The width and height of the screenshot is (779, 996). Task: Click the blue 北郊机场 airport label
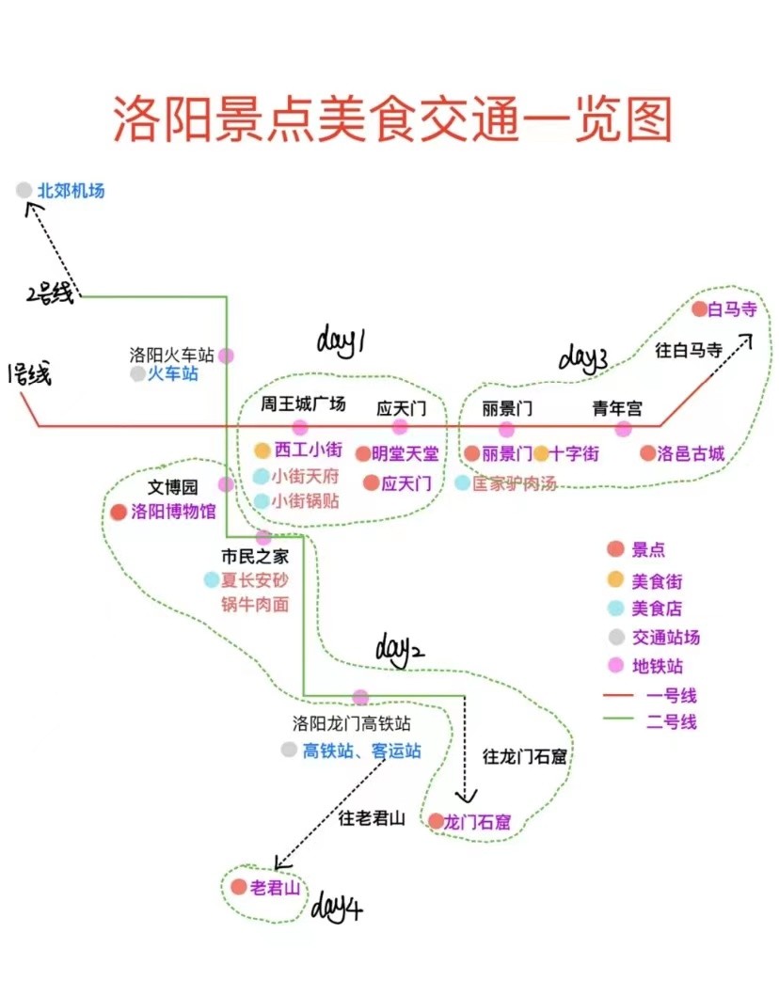[x=72, y=191]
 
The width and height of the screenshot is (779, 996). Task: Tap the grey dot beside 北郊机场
[x=24, y=190]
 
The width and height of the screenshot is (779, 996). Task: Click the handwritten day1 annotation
[x=341, y=341]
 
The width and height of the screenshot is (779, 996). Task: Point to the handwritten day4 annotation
[x=337, y=907]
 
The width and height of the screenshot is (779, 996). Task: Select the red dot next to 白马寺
[x=700, y=309]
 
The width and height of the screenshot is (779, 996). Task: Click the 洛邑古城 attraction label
[x=691, y=453]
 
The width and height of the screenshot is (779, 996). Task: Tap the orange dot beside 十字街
[x=541, y=453]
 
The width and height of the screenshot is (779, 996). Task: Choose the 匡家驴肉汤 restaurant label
[x=514, y=483]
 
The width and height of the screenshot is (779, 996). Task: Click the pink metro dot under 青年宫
[x=624, y=430]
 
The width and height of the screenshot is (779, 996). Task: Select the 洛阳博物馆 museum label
[x=173, y=512]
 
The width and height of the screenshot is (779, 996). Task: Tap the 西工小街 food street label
[x=309, y=450]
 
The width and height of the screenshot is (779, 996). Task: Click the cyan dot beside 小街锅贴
[x=262, y=501]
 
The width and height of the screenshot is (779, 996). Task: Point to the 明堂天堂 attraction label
[x=405, y=453]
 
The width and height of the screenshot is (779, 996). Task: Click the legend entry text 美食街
[x=657, y=581]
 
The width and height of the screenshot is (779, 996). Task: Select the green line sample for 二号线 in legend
[x=618, y=719]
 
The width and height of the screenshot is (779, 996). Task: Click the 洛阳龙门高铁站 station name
[x=351, y=723]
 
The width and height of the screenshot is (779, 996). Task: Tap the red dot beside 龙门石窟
[x=436, y=821]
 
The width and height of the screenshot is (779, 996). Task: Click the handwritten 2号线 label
[x=50, y=294]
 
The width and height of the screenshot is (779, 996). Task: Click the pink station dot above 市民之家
[x=263, y=537]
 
